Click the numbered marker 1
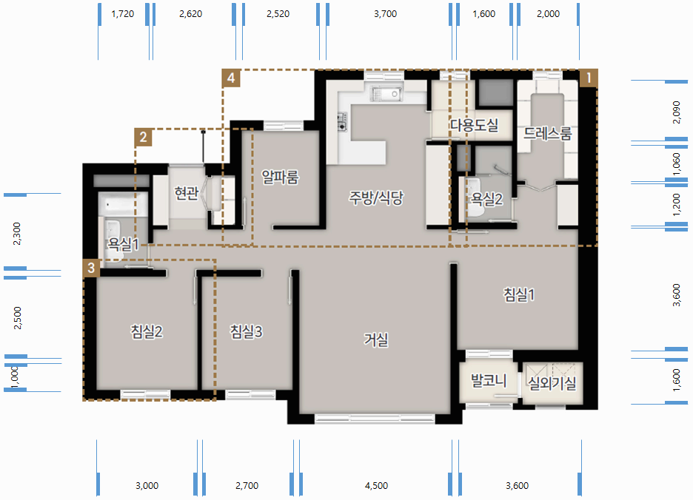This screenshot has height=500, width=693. point(589,78)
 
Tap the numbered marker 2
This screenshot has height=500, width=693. point(143,138)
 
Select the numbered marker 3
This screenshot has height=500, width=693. point(92,268)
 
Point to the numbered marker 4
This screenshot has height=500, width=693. point(231,78)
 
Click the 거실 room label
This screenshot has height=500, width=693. point(376,339)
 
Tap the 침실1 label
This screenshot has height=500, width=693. point(519,294)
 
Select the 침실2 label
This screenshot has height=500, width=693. point(147,331)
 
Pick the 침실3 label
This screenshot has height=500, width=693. point(246,331)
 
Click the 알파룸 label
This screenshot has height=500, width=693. point(280,177)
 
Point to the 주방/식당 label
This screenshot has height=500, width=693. point(376,197)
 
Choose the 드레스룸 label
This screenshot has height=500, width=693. point(548,133)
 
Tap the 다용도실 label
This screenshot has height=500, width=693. point(475,126)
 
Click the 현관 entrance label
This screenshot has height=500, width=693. point(186,193)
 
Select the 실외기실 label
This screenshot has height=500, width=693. point(552,382)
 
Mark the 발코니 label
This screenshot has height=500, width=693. point(489,380)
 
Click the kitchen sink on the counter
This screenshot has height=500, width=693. point(386,94)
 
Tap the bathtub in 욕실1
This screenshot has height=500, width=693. point(124,204)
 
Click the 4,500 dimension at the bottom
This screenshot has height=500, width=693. point(377,486)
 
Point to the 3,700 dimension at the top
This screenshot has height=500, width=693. point(386,14)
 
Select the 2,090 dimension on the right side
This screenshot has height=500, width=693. point(676,112)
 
